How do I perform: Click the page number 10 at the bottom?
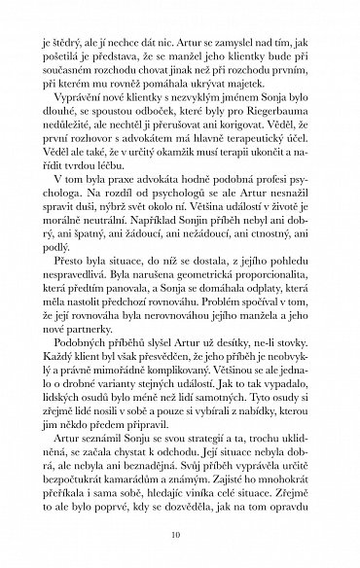(180, 534)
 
